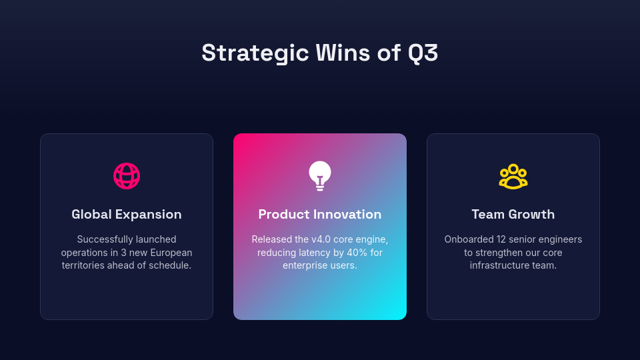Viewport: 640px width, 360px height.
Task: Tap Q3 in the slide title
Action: point(423,53)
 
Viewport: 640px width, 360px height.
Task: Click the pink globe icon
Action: point(127,176)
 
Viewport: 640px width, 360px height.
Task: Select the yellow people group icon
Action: point(513,177)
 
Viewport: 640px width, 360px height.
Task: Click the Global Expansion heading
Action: point(127,215)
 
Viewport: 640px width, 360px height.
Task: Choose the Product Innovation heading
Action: point(320,215)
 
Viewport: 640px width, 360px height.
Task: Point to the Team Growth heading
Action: point(513,215)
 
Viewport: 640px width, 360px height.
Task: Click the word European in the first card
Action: point(171,253)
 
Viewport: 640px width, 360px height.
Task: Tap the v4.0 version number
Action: point(324,239)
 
